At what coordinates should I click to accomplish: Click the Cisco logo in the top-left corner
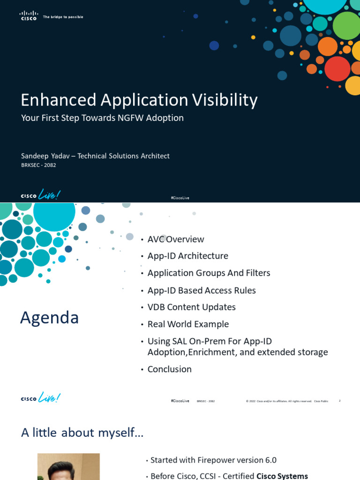point(28,16)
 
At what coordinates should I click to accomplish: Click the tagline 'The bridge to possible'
point(63,17)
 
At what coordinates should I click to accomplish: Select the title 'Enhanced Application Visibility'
point(139,100)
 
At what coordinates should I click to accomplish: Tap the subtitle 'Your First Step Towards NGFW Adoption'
point(102,118)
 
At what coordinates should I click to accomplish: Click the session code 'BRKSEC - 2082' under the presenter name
point(38,165)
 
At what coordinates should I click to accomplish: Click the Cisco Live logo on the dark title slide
point(41,195)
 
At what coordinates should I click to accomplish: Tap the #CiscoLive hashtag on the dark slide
point(180,198)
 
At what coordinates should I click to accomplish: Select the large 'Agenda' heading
point(49,318)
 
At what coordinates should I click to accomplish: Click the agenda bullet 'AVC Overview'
point(175,240)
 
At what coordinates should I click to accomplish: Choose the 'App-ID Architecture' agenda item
point(187,256)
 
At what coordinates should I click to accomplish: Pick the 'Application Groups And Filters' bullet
point(209,273)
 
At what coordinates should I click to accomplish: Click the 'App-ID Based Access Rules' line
point(202,291)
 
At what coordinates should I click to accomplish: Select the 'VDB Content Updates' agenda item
point(191,307)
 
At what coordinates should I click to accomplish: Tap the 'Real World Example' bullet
point(188,324)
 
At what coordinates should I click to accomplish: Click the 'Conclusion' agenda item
point(169,369)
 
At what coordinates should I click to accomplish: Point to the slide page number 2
point(339,401)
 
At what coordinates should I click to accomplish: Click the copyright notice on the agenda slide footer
point(278,401)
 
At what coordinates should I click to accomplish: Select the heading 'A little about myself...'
point(82,433)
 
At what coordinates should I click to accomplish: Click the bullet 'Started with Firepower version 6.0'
point(213,460)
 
